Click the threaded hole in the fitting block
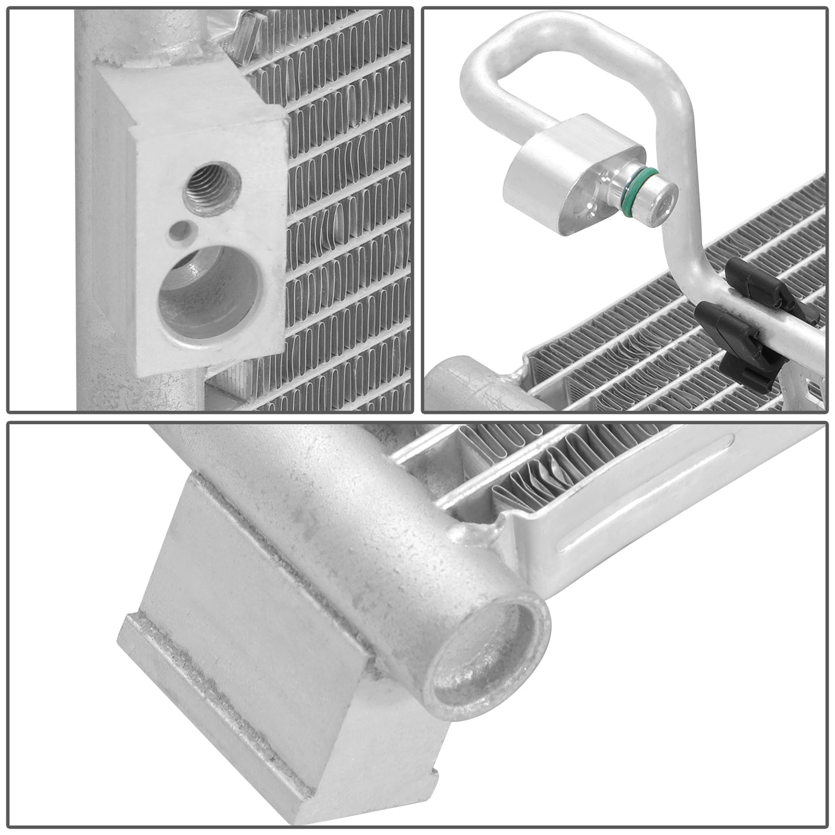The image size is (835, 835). tap(206, 190)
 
